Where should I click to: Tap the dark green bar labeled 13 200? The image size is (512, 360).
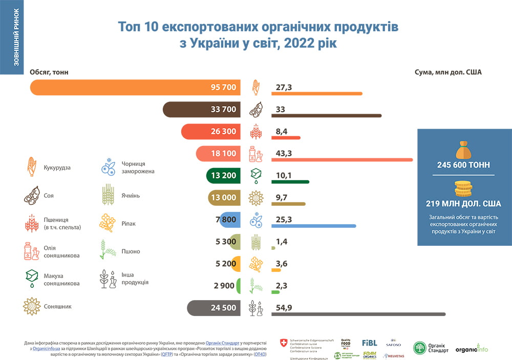coord(223,176)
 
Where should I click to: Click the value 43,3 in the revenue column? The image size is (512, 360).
coord(284,153)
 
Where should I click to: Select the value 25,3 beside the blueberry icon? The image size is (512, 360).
coord(284,220)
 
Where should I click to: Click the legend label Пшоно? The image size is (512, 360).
coord(131,251)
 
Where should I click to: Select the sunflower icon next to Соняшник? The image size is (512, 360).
coord(32,306)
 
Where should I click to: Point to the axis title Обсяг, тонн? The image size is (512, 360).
coord(49,72)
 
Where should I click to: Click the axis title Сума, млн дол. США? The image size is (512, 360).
coord(448,72)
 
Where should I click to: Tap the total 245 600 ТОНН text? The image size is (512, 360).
coord(464,165)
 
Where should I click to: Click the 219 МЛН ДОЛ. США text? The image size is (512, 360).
coord(464,203)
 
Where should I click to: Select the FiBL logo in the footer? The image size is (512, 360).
coord(369,343)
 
